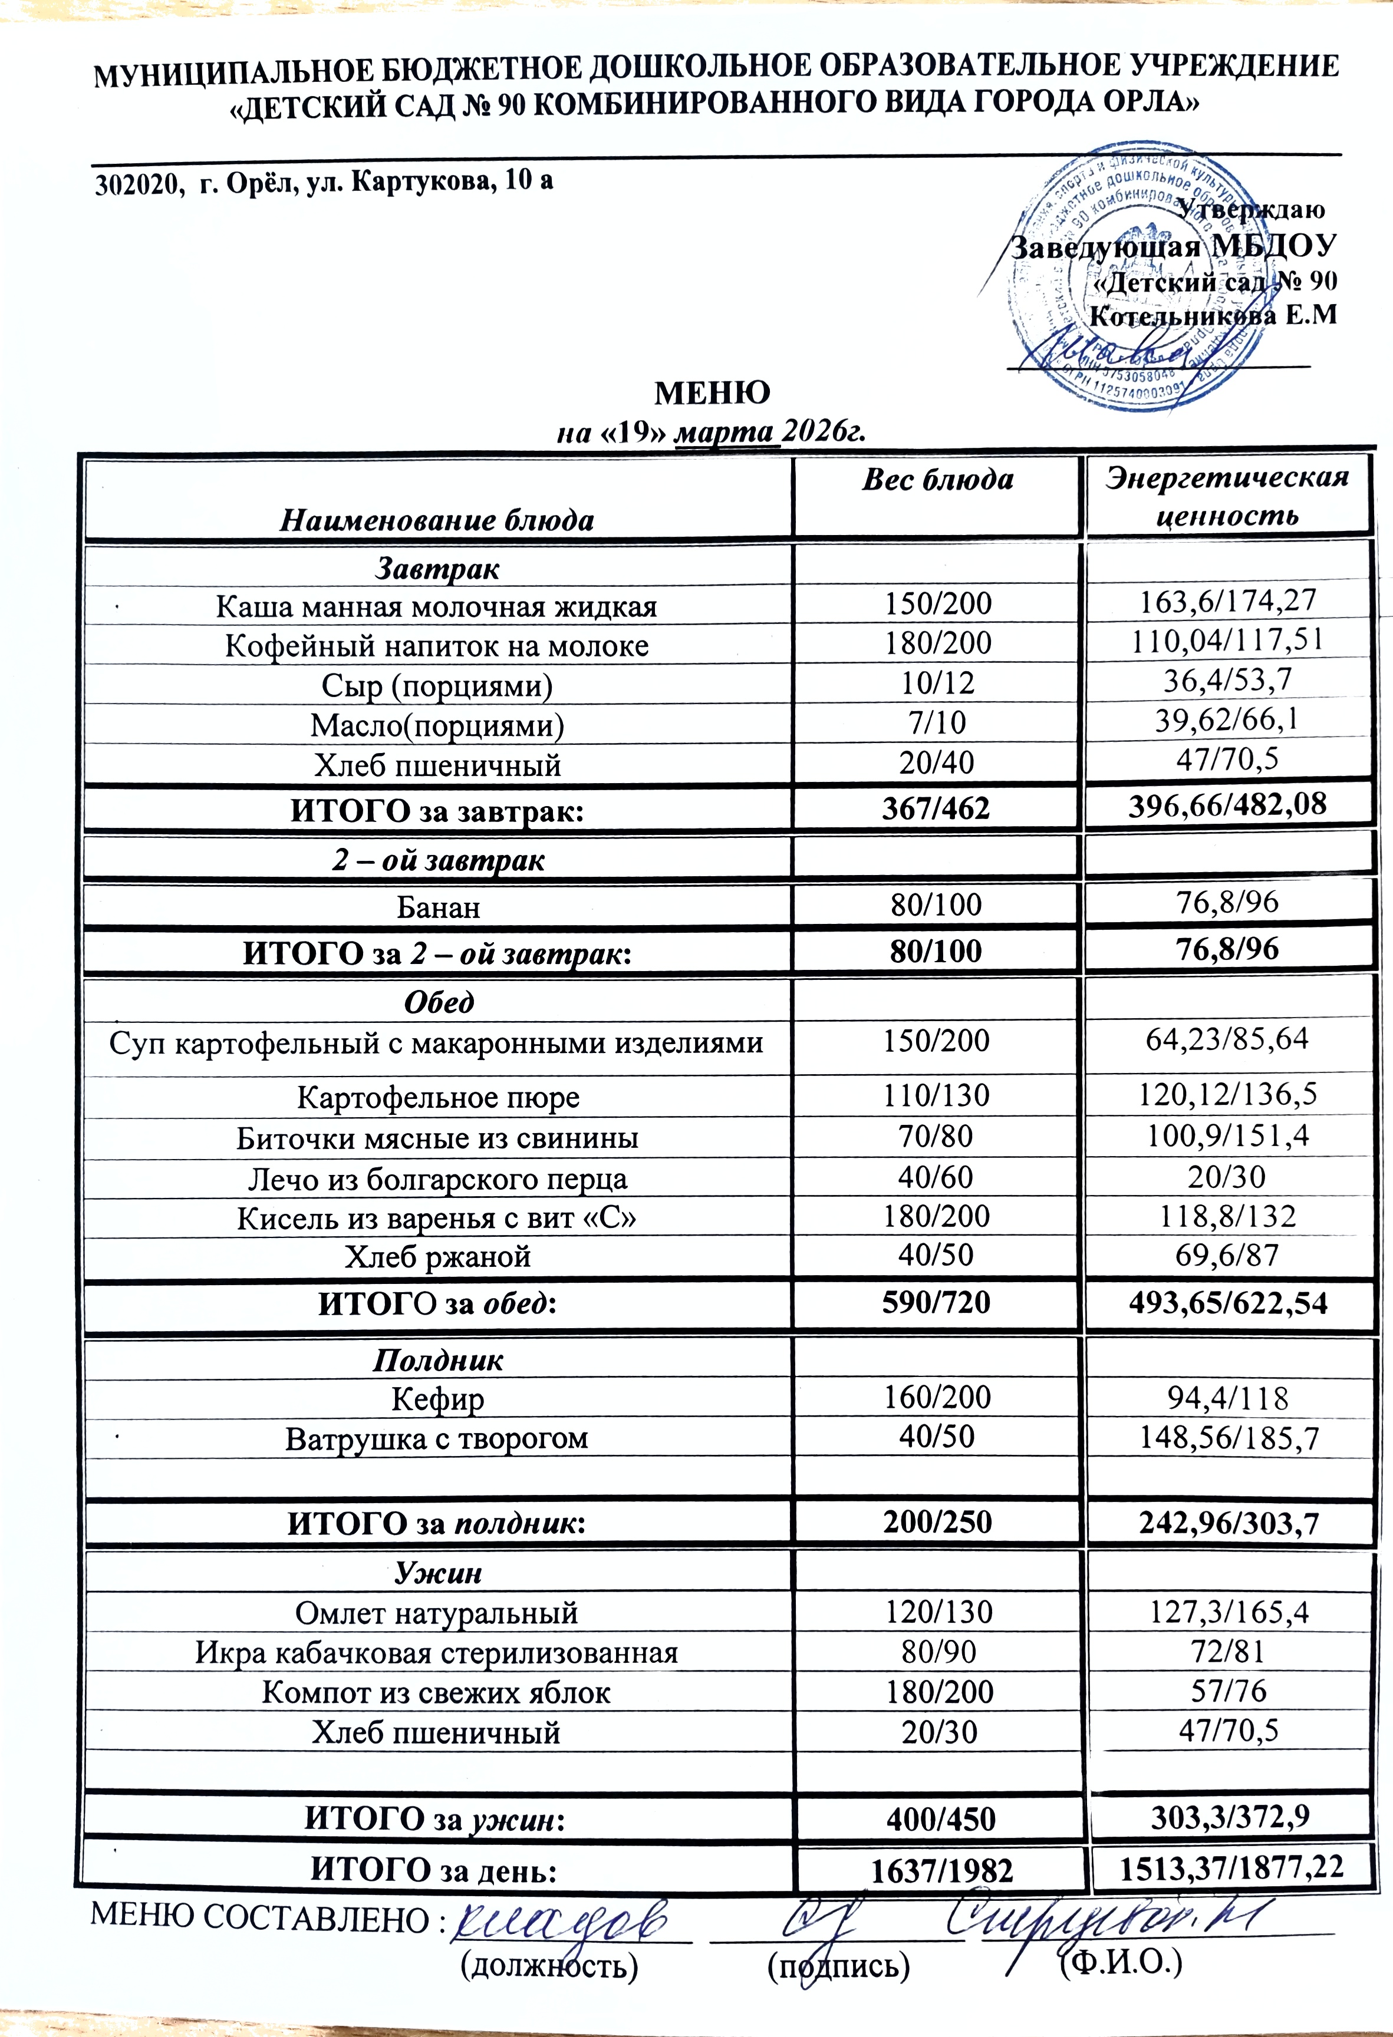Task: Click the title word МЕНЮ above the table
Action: (x=712, y=392)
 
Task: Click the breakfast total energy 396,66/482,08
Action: (x=1227, y=803)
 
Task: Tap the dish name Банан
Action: (x=439, y=906)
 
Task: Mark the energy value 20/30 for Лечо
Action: (x=1227, y=1176)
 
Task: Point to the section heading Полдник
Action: (x=439, y=1361)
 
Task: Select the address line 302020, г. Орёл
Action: (x=324, y=181)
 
